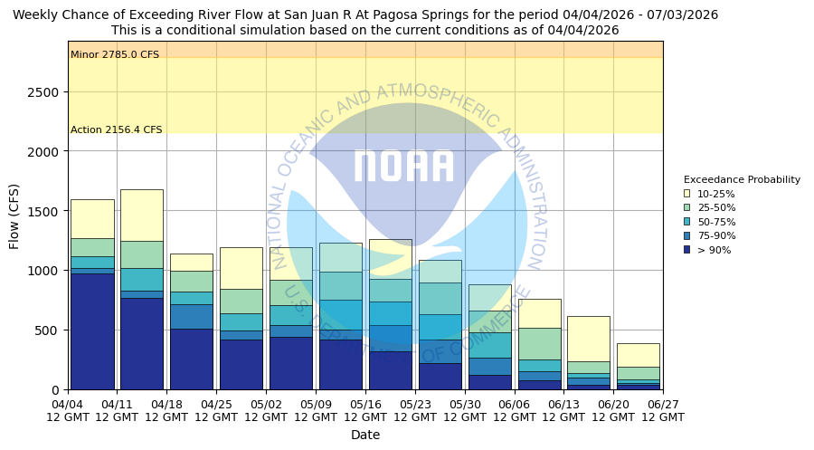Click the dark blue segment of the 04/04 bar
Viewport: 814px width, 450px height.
coord(92,331)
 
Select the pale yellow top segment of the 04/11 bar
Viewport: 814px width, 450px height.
coord(142,215)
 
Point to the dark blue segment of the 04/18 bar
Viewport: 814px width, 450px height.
coord(192,359)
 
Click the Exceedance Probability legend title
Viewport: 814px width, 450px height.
coord(742,179)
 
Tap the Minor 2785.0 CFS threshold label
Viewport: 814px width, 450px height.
coord(115,55)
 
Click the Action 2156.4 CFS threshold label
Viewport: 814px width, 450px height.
coord(117,130)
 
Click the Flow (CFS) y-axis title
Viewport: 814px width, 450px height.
coord(14,215)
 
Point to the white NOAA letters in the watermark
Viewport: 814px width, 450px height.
coord(403,167)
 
